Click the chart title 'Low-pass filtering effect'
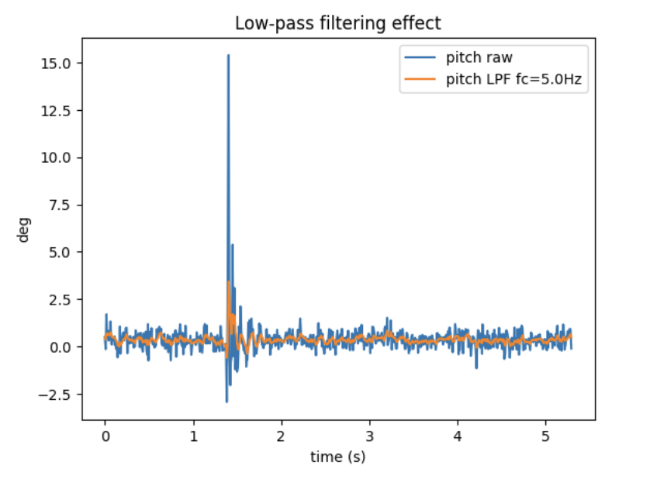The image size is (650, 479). [337, 24]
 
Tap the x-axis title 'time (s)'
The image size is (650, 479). [337, 457]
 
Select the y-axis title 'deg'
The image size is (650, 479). [24, 229]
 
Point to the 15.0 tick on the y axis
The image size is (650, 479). [59, 63]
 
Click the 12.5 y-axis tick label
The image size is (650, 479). [59, 110]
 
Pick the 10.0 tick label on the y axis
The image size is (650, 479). [59, 157]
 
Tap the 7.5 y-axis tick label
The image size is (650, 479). [62, 205]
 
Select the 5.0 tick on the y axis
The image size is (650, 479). [62, 252]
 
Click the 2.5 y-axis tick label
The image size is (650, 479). [62, 299]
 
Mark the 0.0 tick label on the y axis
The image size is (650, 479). [62, 346]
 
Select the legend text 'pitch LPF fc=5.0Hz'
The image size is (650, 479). [512, 78]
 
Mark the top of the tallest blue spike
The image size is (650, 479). [228, 55]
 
